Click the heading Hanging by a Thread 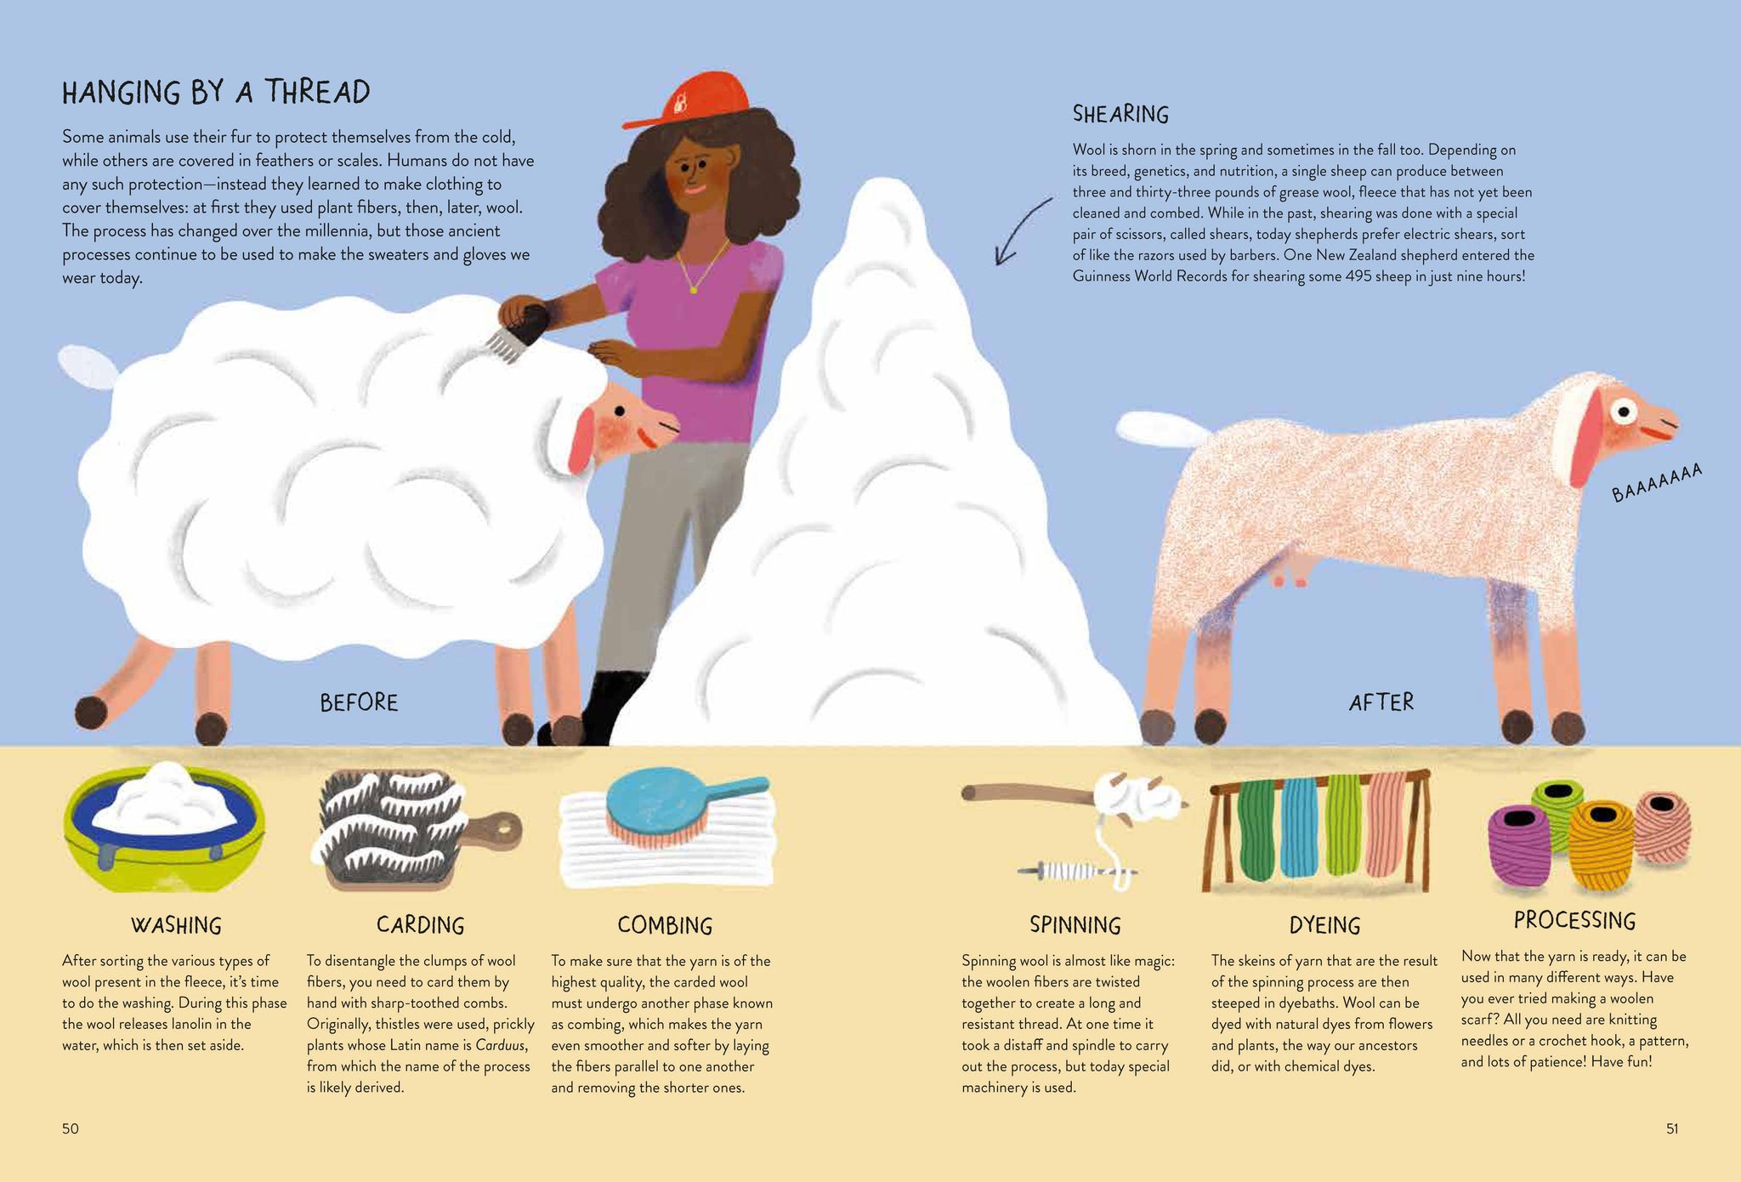216,92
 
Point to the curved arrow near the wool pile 1024,230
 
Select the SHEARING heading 1120,114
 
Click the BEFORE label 359,702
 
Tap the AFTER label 1381,702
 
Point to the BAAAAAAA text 1657,482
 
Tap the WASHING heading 176,925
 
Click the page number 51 1672,1129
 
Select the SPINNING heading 1075,925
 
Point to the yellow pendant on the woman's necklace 693,290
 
